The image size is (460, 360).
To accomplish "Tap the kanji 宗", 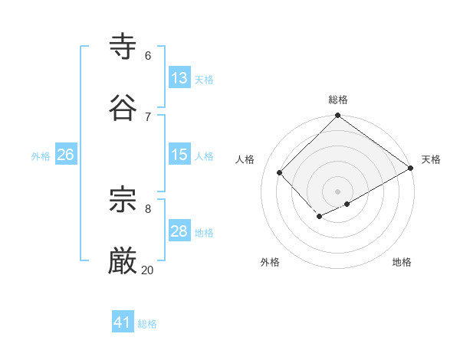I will (123, 201).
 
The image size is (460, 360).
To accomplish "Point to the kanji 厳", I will (123, 262).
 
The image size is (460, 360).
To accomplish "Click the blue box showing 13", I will (179, 78).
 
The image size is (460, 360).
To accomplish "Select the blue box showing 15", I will (179, 155).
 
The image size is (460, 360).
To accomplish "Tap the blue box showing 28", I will (179, 231).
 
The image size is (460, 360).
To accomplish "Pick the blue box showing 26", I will (65, 155).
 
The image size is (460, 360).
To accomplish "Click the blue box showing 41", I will (123, 322).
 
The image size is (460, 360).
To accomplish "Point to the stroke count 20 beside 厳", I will (147, 270).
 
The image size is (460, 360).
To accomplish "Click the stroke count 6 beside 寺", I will (147, 56).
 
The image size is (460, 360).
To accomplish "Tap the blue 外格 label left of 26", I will (41, 155).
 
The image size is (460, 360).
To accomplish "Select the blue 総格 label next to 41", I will (147, 324).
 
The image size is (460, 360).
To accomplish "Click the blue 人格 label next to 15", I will (204, 155).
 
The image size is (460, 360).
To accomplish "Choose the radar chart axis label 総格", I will (338, 100).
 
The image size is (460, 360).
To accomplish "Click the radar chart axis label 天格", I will (431, 159).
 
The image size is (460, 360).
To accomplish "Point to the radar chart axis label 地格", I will (402, 262).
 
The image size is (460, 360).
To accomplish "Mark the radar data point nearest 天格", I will (411, 168).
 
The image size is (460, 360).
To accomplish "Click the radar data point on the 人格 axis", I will (280, 172).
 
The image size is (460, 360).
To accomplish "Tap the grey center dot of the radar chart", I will (338, 191).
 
